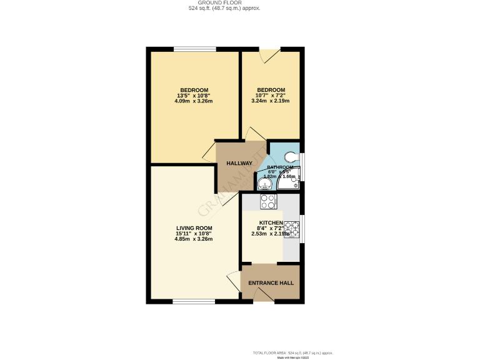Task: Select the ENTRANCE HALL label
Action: coord(271,283)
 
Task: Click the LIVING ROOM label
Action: coord(194,227)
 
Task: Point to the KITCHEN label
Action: coord(271,222)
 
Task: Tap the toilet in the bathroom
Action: coord(291,157)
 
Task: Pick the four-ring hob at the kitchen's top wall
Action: coord(268,202)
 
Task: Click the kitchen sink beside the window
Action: coord(292,229)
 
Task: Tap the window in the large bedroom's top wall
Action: coord(195,49)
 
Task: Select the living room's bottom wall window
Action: coord(194,301)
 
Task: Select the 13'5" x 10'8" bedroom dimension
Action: coord(194,96)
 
